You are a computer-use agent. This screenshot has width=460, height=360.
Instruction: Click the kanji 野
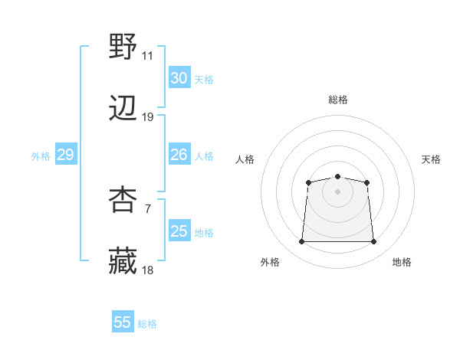coord(123,47)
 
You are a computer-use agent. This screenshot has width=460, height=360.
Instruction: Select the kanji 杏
coord(123,201)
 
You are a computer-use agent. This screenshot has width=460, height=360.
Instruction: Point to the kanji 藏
coord(123,261)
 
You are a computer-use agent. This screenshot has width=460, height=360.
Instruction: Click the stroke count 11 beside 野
coord(147,56)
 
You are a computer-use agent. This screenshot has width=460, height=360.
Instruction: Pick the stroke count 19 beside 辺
coord(147,117)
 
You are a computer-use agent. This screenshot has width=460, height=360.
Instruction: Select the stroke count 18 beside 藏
coord(147,270)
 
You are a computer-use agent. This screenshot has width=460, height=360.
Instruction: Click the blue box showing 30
coord(179,78)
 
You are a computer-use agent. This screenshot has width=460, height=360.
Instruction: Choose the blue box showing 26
coord(179,155)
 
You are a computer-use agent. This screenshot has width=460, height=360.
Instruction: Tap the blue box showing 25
coord(179,231)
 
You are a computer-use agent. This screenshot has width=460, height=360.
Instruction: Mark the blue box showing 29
coord(65,155)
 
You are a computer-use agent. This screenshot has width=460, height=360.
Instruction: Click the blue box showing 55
coord(123,322)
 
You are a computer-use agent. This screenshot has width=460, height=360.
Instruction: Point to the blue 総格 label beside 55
coord(147,324)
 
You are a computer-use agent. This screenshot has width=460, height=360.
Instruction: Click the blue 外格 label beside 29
coord(41,156)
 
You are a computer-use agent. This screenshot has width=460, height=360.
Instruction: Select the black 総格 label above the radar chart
coord(338,100)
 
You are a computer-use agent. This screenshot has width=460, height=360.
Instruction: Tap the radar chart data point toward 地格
coord(374,242)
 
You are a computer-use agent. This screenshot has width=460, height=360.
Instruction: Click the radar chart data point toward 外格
coord(301,242)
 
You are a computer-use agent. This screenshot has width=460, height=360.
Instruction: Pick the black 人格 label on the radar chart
coord(245,159)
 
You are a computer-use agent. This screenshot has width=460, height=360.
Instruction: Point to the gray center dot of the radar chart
coord(337,191)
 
